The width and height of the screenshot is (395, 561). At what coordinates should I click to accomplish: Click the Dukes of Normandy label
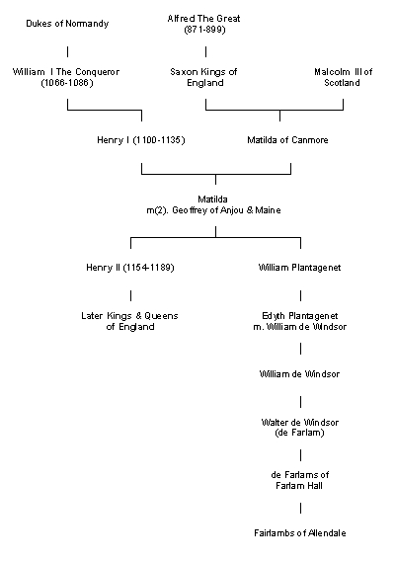[x=67, y=24]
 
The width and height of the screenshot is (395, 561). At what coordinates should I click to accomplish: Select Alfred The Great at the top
[x=203, y=18]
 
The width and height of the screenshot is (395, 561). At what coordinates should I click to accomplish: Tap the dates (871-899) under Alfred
[x=204, y=30]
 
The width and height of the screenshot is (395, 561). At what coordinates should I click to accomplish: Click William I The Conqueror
[x=66, y=72]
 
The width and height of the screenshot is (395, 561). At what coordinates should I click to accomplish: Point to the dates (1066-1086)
[x=67, y=83]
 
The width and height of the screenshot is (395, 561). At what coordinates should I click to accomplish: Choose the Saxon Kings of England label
[x=203, y=77]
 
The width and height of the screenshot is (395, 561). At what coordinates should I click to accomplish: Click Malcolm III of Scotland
[x=343, y=77]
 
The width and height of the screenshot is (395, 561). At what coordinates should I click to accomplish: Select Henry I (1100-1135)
[x=141, y=140]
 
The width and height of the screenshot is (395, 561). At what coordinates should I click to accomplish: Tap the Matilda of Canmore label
[x=287, y=140]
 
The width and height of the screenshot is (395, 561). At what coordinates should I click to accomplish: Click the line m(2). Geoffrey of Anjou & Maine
[x=213, y=210]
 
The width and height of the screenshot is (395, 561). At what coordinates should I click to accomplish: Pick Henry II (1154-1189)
[x=130, y=268]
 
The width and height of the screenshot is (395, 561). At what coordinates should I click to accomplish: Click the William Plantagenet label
[x=299, y=268]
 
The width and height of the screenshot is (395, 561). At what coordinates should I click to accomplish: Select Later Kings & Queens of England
[x=129, y=321]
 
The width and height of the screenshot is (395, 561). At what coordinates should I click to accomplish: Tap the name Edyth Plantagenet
[x=300, y=316]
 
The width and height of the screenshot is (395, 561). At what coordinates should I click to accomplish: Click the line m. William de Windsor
[x=300, y=327]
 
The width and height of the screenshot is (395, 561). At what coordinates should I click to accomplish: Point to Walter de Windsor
[x=300, y=422]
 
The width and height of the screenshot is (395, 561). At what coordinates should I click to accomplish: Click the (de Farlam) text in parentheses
[x=300, y=433]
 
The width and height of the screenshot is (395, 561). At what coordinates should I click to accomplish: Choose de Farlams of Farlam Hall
[x=300, y=480]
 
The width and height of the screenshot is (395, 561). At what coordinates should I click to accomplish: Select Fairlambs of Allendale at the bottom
[x=300, y=533]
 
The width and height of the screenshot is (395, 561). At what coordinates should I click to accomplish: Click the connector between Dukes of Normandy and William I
[x=67, y=51]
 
